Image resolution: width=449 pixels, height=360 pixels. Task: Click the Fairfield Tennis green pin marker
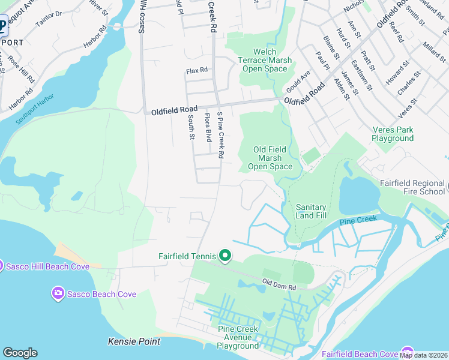225,256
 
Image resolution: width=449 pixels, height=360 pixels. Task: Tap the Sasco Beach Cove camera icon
58,293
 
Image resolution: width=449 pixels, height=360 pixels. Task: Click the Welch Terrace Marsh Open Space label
265,61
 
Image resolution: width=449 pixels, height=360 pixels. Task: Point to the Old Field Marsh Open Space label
270,158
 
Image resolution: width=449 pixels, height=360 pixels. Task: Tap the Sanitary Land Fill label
310,211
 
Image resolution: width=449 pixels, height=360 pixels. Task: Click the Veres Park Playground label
393,134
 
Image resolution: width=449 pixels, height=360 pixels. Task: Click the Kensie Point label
134,341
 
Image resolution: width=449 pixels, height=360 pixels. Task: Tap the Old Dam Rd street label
280,284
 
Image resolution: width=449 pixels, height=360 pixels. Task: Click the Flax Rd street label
197,71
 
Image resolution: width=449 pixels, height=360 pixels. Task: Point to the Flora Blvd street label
208,127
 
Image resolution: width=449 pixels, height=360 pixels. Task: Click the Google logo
20,353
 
